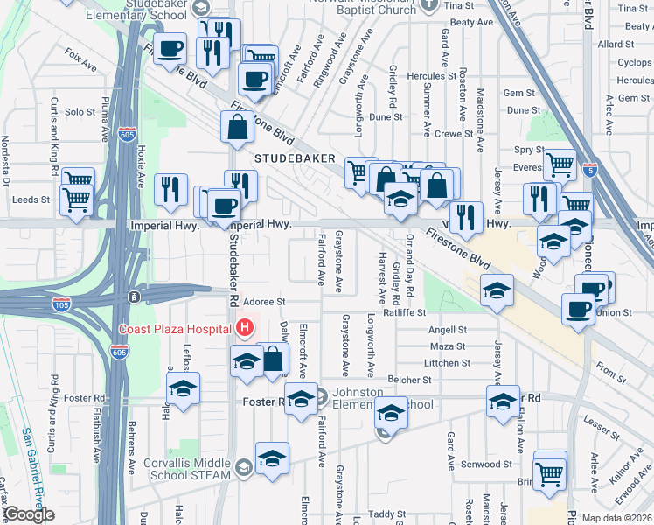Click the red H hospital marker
(245, 328)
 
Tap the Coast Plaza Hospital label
(175, 328)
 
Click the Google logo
(28, 514)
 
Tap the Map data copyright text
(617, 518)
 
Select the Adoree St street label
(264, 301)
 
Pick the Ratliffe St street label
(404, 311)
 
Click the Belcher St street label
(411, 380)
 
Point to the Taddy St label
(381, 514)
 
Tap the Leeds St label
(31, 199)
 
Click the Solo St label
(79, 111)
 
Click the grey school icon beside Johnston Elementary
(321, 396)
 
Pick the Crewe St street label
(454, 134)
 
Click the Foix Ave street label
(80, 59)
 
